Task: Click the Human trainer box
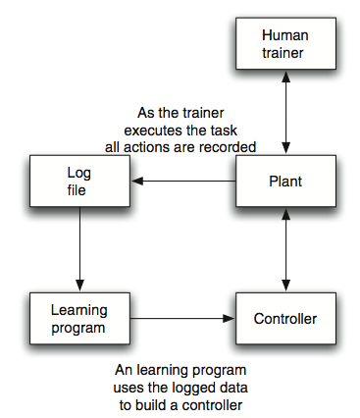click(284, 44)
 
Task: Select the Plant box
click(284, 182)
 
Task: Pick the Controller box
click(284, 318)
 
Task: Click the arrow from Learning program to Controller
click(180, 318)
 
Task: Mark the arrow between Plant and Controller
click(284, 249)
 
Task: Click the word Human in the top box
click(284, 35)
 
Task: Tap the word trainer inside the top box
click(284, 53)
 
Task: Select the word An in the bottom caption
click(123, 372)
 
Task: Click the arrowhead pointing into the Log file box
click(139, 182)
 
